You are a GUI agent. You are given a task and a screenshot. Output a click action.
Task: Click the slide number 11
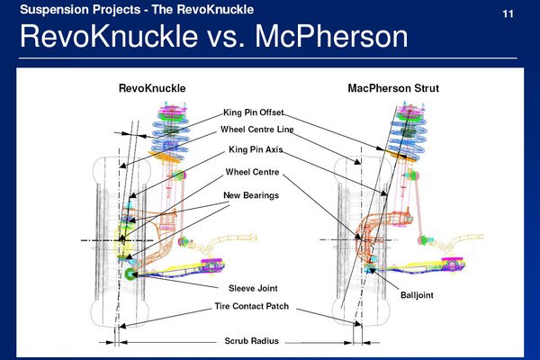508,15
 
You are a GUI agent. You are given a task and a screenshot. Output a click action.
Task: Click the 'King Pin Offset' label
253,112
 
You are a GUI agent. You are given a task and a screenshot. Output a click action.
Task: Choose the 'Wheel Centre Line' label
256,130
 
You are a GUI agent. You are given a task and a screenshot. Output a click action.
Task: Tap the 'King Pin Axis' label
256,149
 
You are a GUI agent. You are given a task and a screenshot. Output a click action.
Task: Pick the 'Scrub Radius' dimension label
251,341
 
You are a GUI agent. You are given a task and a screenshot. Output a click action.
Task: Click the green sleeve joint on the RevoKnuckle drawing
131,274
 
